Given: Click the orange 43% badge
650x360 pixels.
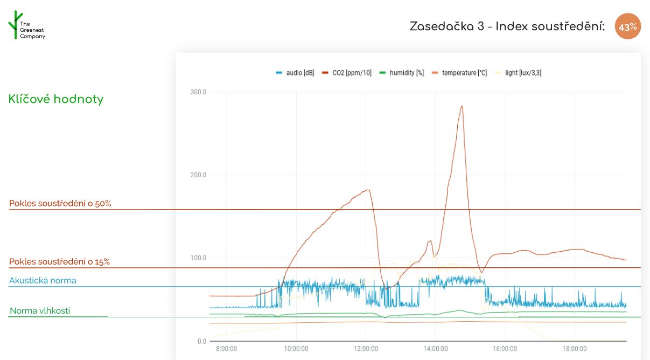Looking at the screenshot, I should [x=628, y=26].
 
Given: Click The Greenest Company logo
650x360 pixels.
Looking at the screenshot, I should [x=26, y=26].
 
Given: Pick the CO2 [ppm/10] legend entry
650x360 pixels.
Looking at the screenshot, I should [x=347, y=73].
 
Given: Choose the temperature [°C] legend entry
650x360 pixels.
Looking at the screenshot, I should [x=460, y=73].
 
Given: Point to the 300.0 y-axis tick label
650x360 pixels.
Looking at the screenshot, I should [x=198, y=92].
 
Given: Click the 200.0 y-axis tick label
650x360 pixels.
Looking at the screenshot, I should [x=198, y=175].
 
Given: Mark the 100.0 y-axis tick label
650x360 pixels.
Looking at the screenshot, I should [x=198, y=258].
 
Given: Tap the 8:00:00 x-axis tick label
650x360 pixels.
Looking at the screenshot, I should [x=226, y=349].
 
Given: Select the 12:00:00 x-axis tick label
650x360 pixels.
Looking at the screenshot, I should [x=366, y=349].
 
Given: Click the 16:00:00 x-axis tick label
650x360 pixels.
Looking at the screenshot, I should [x=505, y=349].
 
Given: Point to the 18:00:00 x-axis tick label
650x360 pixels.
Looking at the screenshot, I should [x=574, y=349].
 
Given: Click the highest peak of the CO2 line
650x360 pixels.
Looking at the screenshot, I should [x=462, y=106].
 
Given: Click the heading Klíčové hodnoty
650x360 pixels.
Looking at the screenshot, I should [x=56, y=99].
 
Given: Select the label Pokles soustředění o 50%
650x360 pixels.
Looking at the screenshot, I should [x=60, y=203].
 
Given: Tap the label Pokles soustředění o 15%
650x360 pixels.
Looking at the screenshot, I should [x=59, y=261].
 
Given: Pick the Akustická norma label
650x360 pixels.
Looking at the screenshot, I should [x=43, y=280].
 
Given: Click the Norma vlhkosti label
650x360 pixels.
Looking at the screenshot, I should [x=40, y=310].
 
